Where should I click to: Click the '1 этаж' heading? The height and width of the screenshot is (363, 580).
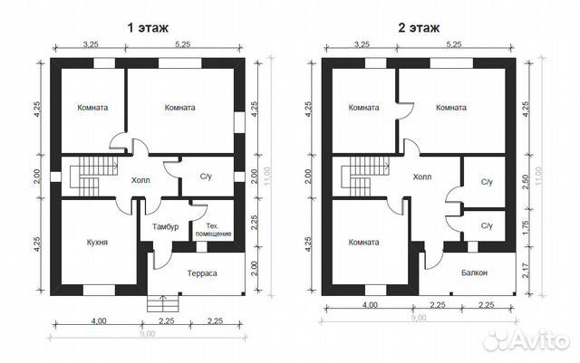tap(148, 28)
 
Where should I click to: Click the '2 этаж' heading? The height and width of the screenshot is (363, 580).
tap(419, 28)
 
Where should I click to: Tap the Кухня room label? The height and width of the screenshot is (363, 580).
tap(97, 243)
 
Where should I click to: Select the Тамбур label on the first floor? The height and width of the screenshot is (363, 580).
tap(165, 226)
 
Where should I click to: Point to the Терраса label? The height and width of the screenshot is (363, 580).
tap(202, 273)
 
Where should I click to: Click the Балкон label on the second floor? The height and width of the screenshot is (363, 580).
tap(474, 272)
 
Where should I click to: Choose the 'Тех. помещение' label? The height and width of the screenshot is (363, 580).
tap(214, 230)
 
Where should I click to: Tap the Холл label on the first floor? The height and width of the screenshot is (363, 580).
tap(140, 181)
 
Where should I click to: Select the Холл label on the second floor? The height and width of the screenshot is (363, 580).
tap(422, 177)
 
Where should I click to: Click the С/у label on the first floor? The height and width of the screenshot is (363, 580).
tap(206, 177)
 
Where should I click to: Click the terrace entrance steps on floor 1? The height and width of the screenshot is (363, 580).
tap(162, 303)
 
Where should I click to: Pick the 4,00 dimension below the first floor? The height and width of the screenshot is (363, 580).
tap(99, 320)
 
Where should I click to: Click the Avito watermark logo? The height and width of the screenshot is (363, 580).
tap(527, 339)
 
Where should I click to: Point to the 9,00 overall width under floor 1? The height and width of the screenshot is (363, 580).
tap(148, 334)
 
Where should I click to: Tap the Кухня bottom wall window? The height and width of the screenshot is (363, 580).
tap(99, 291)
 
